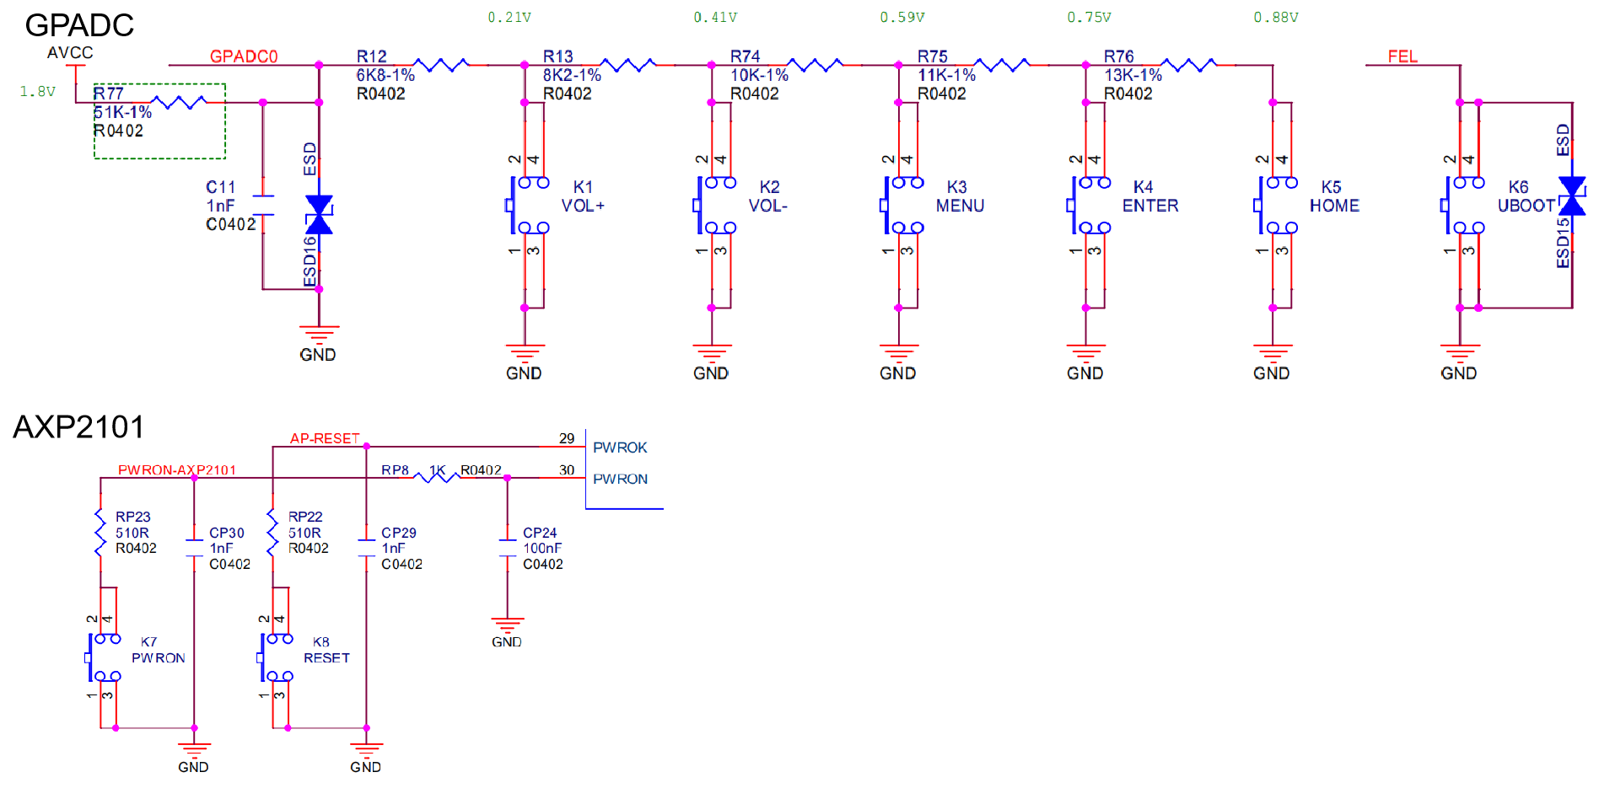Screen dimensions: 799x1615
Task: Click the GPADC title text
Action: pos(79,25)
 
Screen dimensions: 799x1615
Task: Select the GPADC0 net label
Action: pos(244,56)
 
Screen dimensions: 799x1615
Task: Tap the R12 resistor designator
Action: pos(371,56)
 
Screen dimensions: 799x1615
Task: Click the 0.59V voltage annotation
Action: pos(902,18)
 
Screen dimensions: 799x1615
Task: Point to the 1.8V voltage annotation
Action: pos(37,91)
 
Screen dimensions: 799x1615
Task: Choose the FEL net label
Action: pos(1402,56)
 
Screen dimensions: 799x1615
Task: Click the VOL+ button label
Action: pos(583,206)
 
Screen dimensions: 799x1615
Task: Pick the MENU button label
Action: pos(960,206)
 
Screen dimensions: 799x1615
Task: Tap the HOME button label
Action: pos(1334,206)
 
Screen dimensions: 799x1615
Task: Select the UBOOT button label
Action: pos(1526,206)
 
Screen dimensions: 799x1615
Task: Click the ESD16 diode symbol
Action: pos(319,214)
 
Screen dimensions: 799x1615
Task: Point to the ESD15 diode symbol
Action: pos(1572,196)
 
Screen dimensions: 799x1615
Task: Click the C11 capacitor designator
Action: pos(220,187)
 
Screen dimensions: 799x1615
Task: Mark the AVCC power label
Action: pos(70,53)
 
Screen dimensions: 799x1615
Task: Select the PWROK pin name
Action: pos(620,448)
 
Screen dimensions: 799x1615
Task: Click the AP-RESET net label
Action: pos(325,438)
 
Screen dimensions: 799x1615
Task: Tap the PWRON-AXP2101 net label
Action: pos(177,469)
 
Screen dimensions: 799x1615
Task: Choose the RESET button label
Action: pos(326,657)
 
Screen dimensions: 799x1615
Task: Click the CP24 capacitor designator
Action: pos(540,533)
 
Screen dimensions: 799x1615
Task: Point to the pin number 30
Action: pos(567,470)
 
